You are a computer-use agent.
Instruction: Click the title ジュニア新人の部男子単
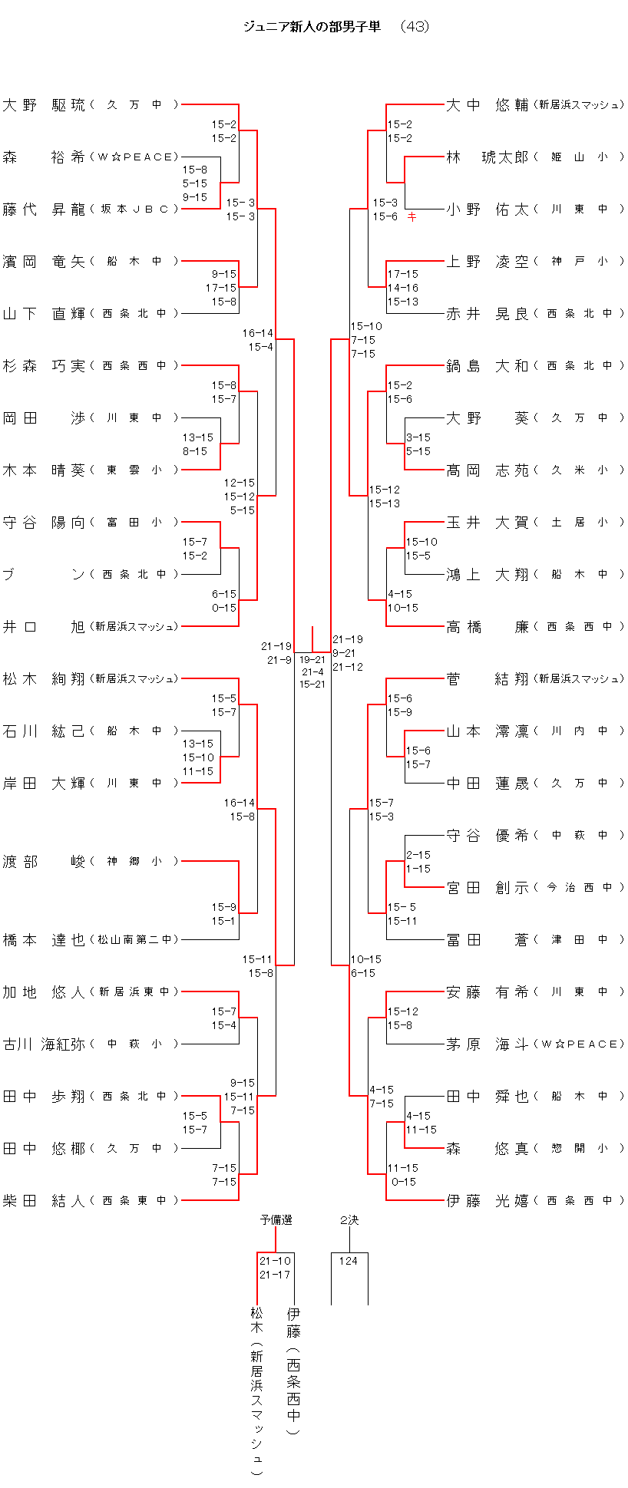312,27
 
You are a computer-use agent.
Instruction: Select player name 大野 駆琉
44,105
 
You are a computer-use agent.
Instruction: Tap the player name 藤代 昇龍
44,210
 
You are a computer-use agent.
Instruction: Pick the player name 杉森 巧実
44,366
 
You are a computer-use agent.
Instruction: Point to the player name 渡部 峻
44,862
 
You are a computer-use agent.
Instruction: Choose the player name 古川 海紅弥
44,1044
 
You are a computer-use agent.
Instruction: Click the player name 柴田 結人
44,1201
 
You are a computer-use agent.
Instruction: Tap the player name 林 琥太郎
488,157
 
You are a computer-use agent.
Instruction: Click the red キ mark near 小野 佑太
412,217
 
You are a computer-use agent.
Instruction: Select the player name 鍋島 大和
488,366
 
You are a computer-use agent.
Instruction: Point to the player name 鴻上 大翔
488,575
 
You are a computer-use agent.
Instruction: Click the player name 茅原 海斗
488,1044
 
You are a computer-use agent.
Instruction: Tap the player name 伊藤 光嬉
488,1201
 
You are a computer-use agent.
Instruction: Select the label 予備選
276,1220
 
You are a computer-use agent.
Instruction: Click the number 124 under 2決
349,1261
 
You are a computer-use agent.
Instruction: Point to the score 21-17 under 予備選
275,1275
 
